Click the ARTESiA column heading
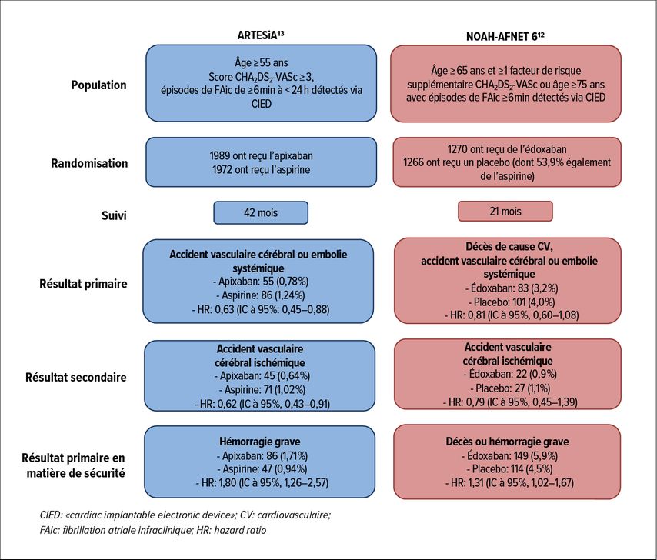coord(261,35)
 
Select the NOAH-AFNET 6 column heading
coord(505,36)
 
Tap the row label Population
coord(99,85)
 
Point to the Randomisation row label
coord(89,163)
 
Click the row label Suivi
coord(114,215)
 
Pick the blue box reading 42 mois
coord(261,213)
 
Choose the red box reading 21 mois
coord(505,211)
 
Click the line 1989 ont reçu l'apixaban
coord(261,156)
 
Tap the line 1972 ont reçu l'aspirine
coord(261,170)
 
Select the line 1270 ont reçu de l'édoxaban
coord(507,149)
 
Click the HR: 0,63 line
coord(260,309)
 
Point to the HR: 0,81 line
coord(512,315)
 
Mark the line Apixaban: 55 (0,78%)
coord(260,281)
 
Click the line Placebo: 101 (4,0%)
coord(512,302)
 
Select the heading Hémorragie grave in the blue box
coord(260,442)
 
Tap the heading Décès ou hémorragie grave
coord(508,442)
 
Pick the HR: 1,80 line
coord(262,482)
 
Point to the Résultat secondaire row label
coord(76,377)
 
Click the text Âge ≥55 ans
coord(261,63)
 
